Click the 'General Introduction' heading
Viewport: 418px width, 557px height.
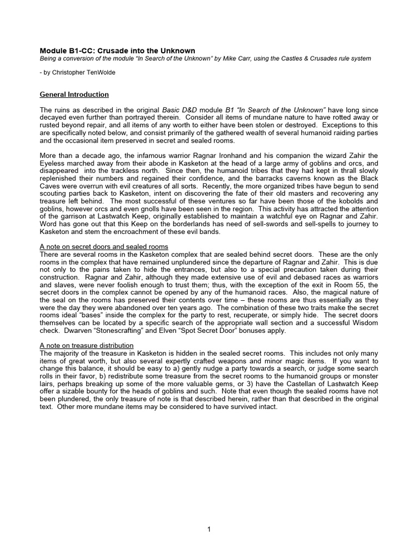74,94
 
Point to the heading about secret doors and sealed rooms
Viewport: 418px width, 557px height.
104,246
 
